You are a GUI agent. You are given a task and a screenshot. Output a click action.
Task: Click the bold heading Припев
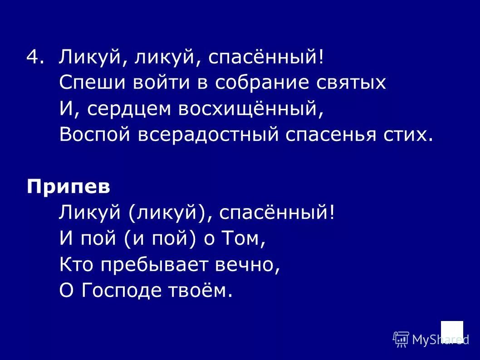(x=68, y=187)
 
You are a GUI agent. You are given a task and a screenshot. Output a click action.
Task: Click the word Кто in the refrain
(x=75, y=264)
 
